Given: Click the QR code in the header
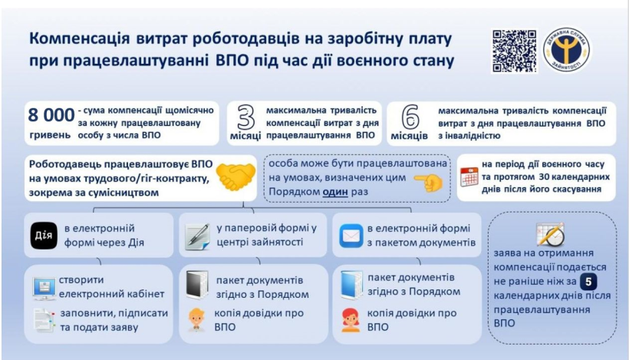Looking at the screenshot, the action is click(x=514, y=51).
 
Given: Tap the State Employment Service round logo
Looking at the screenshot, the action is click(x=566, y=50).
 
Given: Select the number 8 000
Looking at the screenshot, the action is click(x=51, y=115).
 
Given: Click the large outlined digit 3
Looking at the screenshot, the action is click(x=245, y=117).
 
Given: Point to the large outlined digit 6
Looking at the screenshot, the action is click(x=410, y=117).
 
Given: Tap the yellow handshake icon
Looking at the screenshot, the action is click(x=235, y=177).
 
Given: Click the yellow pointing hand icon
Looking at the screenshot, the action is click(x=429, y=182).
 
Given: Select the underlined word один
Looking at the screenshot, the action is click(x=335, y=191).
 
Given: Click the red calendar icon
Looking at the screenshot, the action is click(x=469, y=177).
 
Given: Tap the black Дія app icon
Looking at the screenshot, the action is click(x=43, y=235).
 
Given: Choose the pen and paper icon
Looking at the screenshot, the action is click(x=198, y=236).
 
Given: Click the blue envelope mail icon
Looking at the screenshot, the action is click(x=351, y=236).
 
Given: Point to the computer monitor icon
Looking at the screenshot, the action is click(x=44, y=288).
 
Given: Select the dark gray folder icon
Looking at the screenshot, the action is click(x=197, y=285).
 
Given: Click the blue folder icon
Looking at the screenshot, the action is click(x=351, y=285).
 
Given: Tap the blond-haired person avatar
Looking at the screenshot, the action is click(x=196, y=320).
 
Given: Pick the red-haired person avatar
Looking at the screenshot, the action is click(x=351, y=320).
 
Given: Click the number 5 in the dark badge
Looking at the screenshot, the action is click(x=588, y=282).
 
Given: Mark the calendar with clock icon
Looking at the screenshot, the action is click(x=551, y=234).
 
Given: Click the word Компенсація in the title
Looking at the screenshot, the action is click(x=79, y=39).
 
